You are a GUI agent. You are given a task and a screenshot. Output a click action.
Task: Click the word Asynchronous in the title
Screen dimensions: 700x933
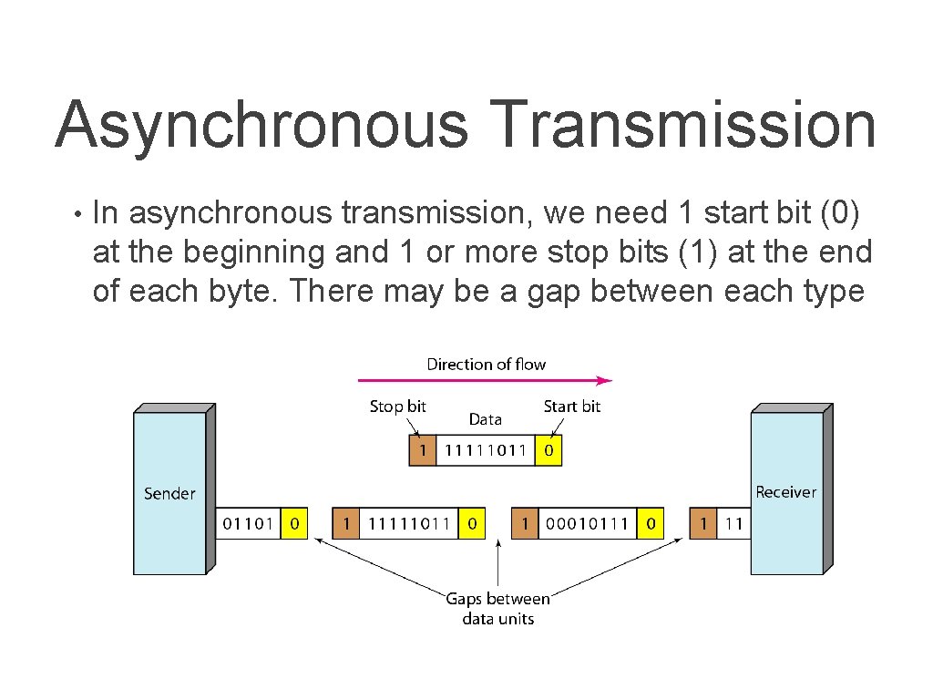[261, 125]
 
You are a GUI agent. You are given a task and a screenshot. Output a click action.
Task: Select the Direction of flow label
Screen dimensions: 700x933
[486, 364]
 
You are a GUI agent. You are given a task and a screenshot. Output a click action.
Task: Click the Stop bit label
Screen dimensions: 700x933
[397, 407]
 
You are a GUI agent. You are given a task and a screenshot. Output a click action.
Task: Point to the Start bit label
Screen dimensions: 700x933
[571, 407]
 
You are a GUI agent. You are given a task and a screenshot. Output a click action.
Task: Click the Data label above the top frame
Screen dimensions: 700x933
[485, 419]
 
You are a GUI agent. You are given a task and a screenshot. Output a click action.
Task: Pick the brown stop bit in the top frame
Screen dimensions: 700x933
[422, 450]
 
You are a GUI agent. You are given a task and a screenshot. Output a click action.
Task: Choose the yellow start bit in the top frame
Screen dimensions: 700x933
[548, 450]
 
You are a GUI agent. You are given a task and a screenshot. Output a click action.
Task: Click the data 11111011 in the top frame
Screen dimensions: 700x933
[486, 450]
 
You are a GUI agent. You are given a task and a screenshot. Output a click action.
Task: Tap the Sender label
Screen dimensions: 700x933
[169, 493]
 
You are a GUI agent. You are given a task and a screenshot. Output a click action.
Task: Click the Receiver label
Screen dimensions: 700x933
[785, 492]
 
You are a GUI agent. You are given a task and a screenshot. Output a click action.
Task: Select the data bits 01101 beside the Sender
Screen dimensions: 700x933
[249, 524]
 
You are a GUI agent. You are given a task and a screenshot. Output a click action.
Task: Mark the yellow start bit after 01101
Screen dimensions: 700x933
[294, 524]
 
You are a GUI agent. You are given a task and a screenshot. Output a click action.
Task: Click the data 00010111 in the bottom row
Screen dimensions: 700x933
[588, 524]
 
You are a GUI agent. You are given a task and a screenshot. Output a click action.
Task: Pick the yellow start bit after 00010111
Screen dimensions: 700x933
[650, 524]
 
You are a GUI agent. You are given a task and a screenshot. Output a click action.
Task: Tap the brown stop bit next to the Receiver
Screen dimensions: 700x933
[702, 524]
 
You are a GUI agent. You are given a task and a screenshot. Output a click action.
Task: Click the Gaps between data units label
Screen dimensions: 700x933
[497, 609]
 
